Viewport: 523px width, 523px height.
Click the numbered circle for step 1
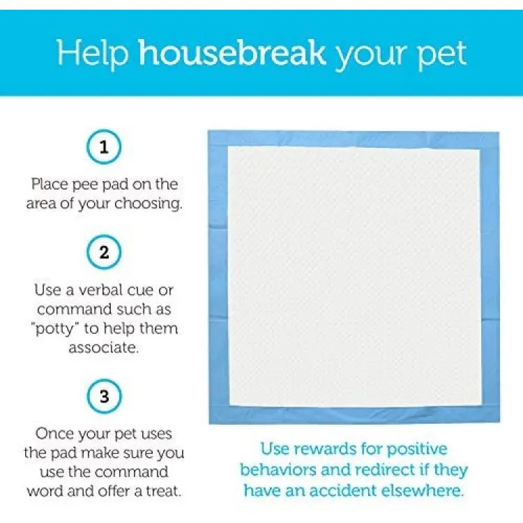pyautogui.click(x=104, y=147)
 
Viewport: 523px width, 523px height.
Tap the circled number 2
pyautogui.click(x=104, y=252)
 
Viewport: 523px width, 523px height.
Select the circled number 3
pyautogui.click(x=104, y=396)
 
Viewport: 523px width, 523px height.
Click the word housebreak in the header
pyautogui.click(x=232, y=53)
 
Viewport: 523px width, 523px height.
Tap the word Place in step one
pyautogui.click(x=50, y=184)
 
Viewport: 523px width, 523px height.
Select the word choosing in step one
pyautogui.click(x=149, y=204)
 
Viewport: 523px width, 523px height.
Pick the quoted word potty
pyautogui.click(x=54, y=329)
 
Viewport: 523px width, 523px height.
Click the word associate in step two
pyautogui.click(x=103, y=348)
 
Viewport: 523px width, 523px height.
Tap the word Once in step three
pyautogui.click(x=54, y=434)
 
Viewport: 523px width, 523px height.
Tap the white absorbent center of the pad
pyautogui.click(x=354, y=277)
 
